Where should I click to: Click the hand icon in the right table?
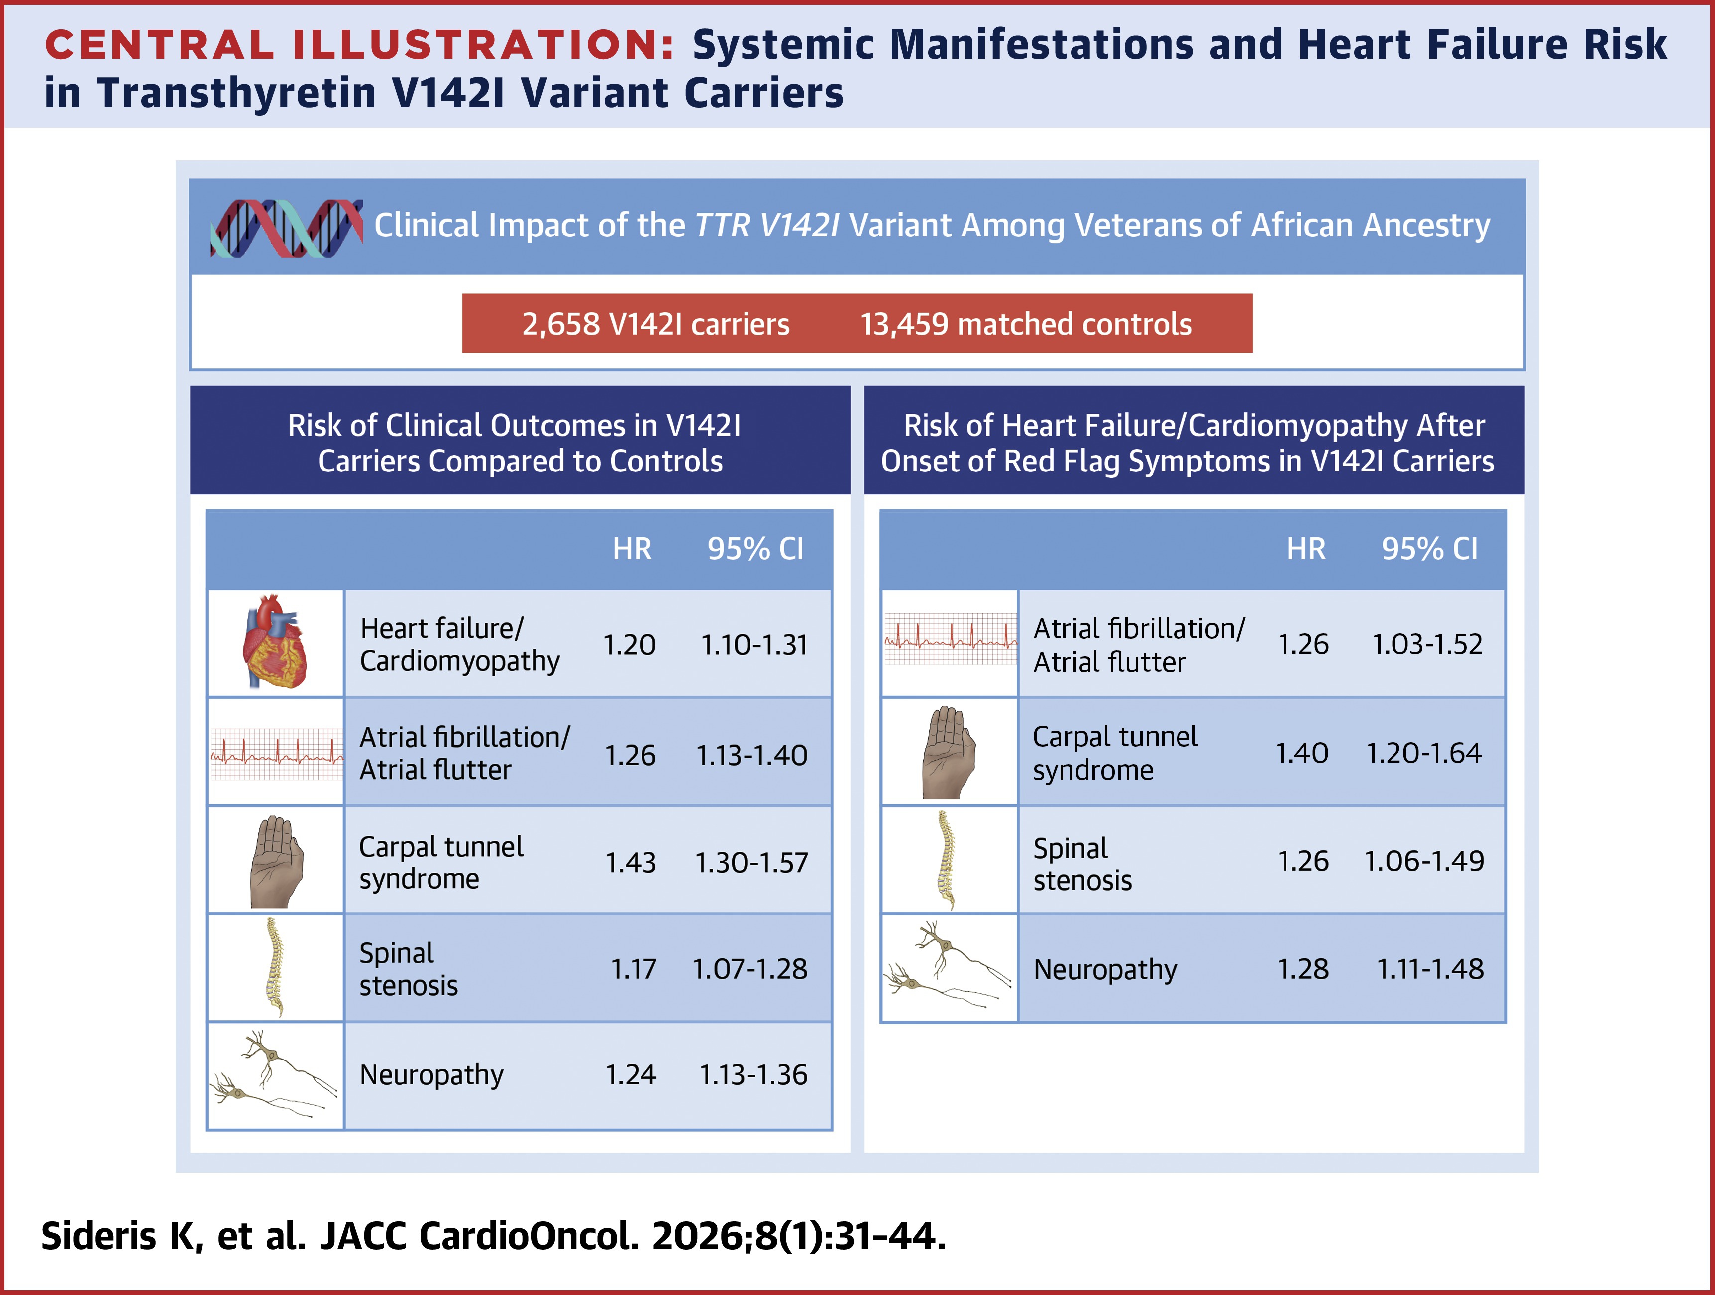(948, 752)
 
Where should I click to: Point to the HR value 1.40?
(1302, 753)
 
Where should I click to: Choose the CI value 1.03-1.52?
(1426, 644)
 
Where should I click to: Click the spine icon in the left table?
(274, 967)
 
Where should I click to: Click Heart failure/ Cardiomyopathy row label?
(459, 644)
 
